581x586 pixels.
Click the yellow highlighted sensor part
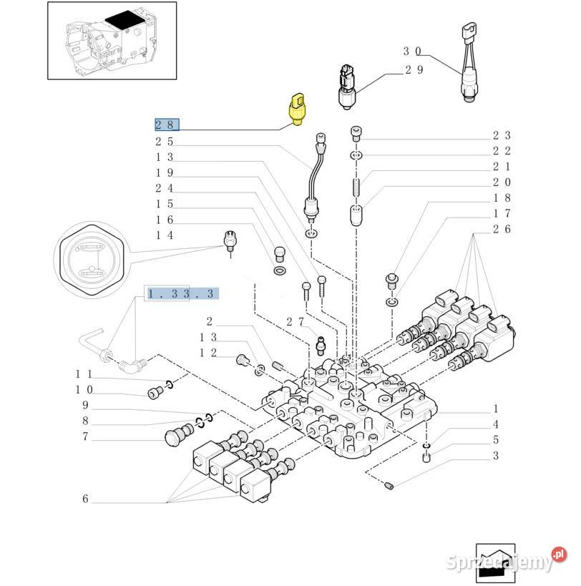tap(297, 109)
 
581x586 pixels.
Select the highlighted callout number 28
tap(167, 124)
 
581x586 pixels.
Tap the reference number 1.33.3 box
tap(181, 294)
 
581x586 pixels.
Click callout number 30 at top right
tap(412, 52)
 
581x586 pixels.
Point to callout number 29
tap(414, 70)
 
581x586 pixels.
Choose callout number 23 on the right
tap(502, 135)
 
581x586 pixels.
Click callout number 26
tap(502, 229)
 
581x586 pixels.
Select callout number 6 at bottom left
tap(86, 499)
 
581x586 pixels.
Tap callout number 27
tap(296, 322)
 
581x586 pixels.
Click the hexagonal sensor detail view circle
tap(92, 260)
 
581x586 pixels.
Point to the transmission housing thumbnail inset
tap(112, 40)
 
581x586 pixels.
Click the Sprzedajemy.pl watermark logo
tap(507, 560)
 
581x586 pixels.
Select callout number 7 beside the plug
tap(86, 436)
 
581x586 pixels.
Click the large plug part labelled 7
tap(179, 434)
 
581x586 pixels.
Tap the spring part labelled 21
tap(356, 187)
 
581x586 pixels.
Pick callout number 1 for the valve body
tap(495, 409)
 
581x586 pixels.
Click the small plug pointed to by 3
tap(389, 486)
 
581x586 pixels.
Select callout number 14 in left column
tap(165, 235)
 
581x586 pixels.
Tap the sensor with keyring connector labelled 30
tap(469, 62)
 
